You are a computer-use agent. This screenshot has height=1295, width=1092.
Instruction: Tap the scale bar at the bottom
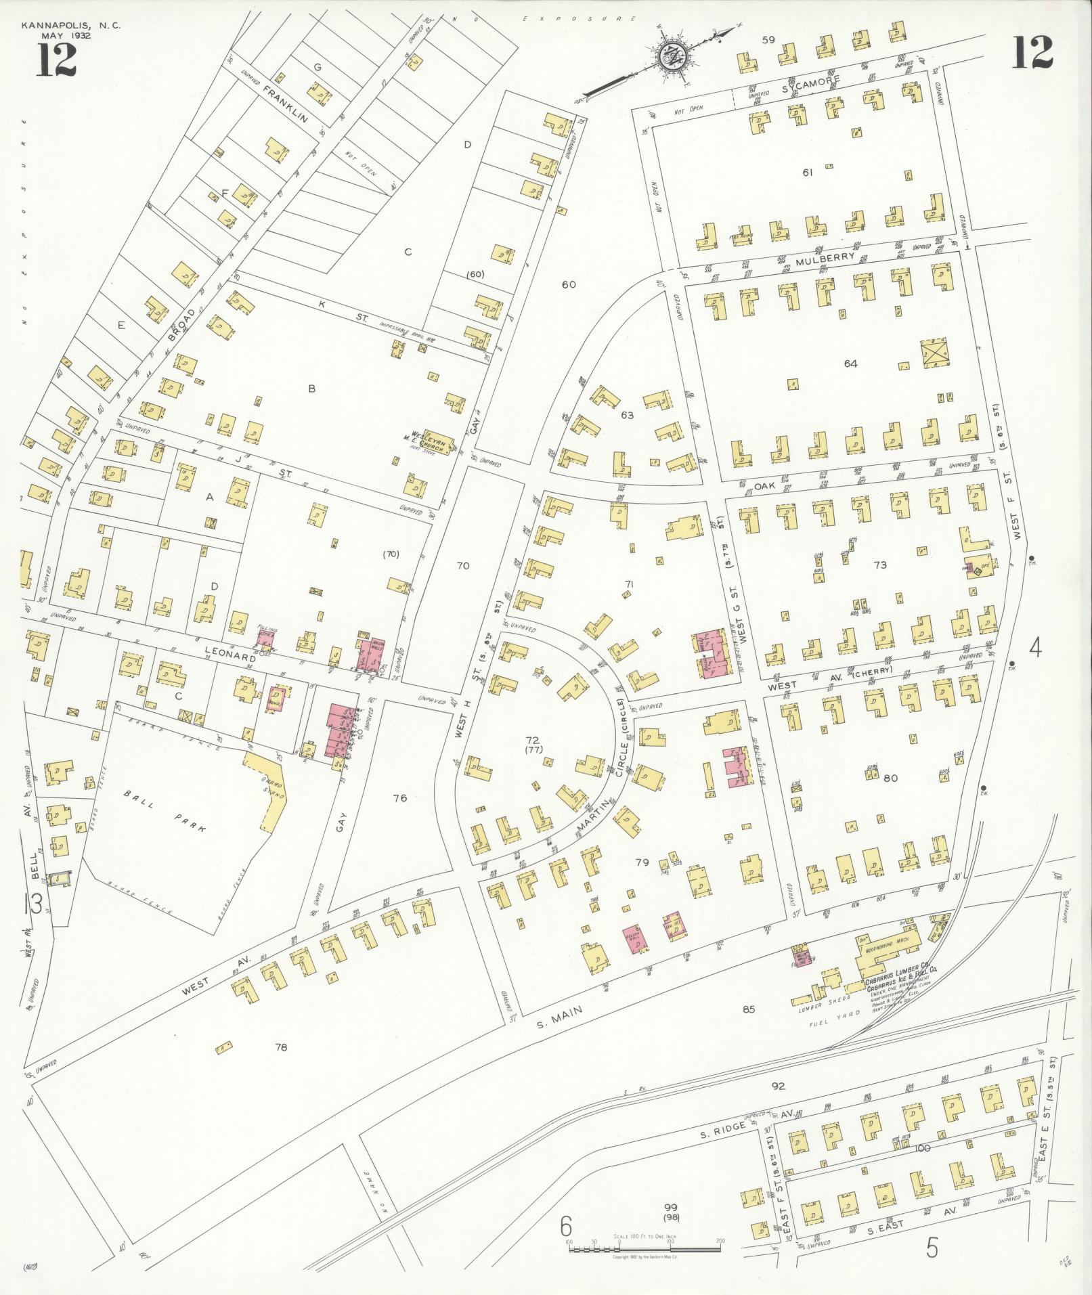click(x=645, y=1246)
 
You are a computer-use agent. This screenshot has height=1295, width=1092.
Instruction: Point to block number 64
click(x=850, y=364)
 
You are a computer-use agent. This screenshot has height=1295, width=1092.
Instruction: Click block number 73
click(x=879, y=565)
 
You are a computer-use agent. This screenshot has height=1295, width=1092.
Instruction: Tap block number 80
click(x=890, y=778)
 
